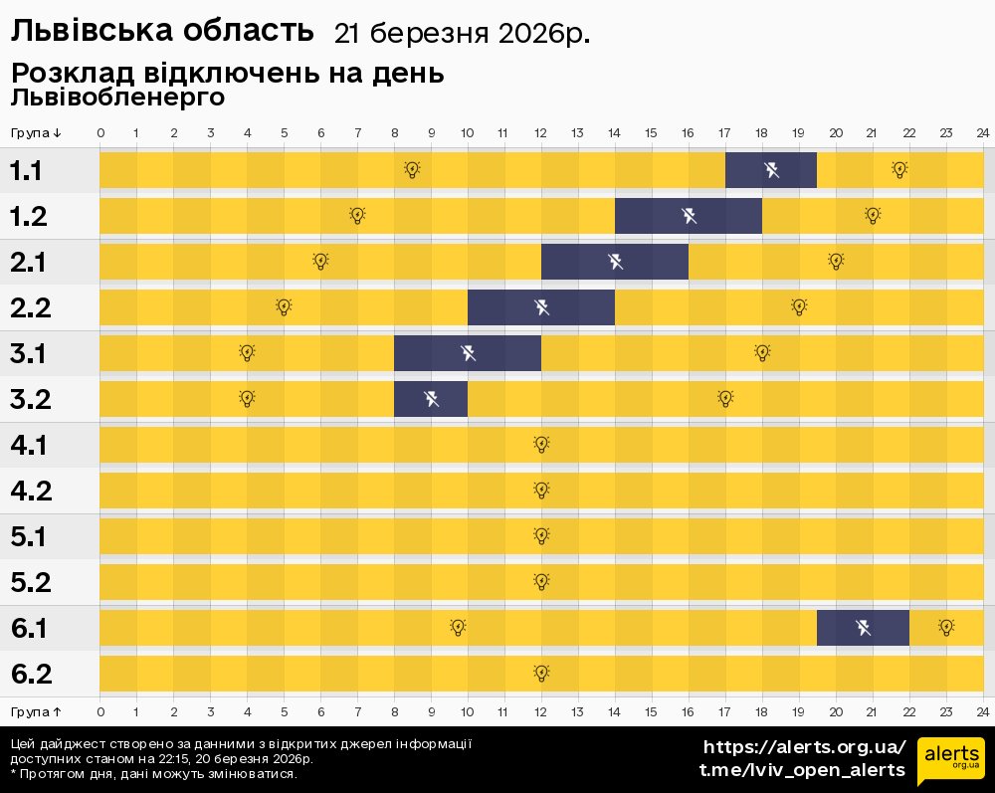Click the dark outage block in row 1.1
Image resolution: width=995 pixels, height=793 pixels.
(x=771, y=170)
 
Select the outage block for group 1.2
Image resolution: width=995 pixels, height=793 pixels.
(x=689, y=216)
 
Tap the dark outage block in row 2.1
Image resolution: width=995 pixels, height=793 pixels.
(x=615, y=262)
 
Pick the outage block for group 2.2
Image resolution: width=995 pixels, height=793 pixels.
(x=541, y=307)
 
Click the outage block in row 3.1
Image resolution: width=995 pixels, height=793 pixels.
(x=468, y=353)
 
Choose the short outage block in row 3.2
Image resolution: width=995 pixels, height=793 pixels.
(x=431, y=399)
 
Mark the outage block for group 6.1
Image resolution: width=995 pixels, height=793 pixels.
(x=863, y=628)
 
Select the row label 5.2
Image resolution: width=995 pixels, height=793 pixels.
(x=30, y=582)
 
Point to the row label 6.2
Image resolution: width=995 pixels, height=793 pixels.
(x=30, y=674)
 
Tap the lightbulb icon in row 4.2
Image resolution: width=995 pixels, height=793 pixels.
(x=541, y=490)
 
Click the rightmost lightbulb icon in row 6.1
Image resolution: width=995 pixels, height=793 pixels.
(x=946, y=627)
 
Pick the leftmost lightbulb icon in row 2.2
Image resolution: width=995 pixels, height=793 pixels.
(x=284, y=306)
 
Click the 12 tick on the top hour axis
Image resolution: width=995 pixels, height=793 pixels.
(x=540, y=133)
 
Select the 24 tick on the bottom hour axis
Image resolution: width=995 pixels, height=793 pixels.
(x=982, y=711)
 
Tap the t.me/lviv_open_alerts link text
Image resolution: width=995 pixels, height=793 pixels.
(x=802, y=770)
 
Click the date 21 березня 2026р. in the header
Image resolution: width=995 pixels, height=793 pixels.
(x=462, y=34)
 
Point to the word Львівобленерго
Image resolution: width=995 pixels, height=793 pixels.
(x=117, y=98)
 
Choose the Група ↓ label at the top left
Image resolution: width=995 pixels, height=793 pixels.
(x=36, y=133)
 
